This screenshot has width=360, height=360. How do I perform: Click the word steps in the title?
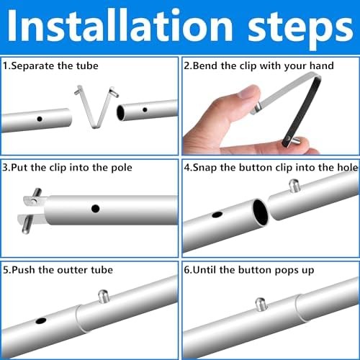pyautogui.click(x=300, y=30)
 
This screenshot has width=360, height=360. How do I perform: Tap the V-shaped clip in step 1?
pyautogui.click(x=96, y=107)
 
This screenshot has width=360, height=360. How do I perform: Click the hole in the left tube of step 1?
pyautogui.click(x=40, y=119)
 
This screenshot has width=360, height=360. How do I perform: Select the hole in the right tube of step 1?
pyautogui.click(x=145, y=110)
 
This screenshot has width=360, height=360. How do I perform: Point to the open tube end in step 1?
pyautogui.click(x=120, y=113)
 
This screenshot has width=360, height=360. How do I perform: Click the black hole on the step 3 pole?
pyautogui.click(x=96, y=209)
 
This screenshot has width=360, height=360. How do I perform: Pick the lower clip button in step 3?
pyautogui.click(x=27, y=225)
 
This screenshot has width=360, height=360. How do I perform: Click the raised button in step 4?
pyautogui.click(x=294, y=186)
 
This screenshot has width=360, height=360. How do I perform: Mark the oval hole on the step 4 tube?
pyautogui.click(x=217, y=215)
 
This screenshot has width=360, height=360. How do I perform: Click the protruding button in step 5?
pyautogui.click(x=104, y=296)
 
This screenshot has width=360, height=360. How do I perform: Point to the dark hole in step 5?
pyautogui.click(x=41, y=320)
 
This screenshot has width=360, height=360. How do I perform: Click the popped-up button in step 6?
pyautogui.click(x=261, y=305)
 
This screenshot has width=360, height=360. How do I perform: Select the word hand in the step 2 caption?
pyautogui.click(x=322, y=66)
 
